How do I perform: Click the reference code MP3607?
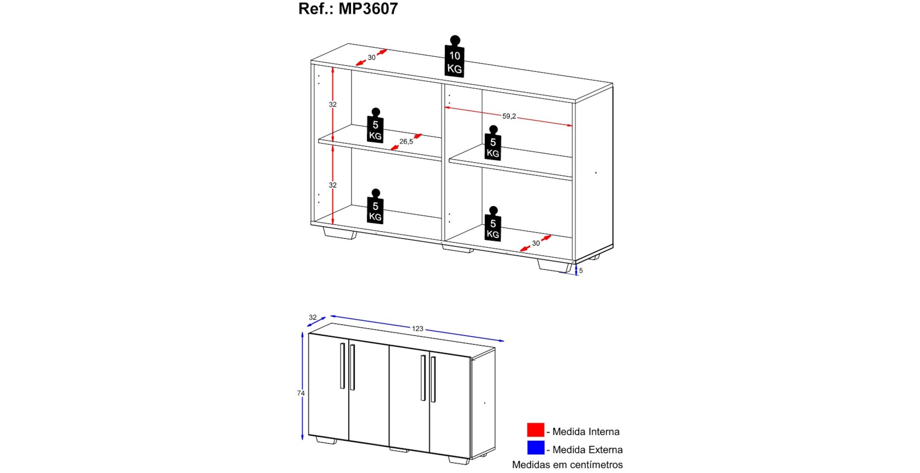click(368, 9)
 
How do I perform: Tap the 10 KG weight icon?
click(454, 56)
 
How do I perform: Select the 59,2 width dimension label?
click(509, 116)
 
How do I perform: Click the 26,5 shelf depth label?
click(406, 142)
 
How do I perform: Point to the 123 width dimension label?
click(417, 329)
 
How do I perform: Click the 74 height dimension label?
click(301, 393)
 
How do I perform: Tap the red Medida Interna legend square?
click(535, 430)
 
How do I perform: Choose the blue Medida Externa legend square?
click(535, 448)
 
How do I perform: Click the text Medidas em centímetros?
click(567, 465)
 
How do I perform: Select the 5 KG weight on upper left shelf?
click(375, 126)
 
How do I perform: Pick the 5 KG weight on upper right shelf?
click(493, 143)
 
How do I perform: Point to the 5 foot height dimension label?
click(581, 271)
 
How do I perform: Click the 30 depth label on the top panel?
click(372, 58)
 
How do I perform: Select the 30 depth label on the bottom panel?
click(536, 243)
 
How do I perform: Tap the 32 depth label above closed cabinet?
click(313, 317)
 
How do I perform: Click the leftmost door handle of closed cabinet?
click(342, 366)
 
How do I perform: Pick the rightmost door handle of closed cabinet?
click(433, 379)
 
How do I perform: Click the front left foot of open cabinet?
click(339, 233)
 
